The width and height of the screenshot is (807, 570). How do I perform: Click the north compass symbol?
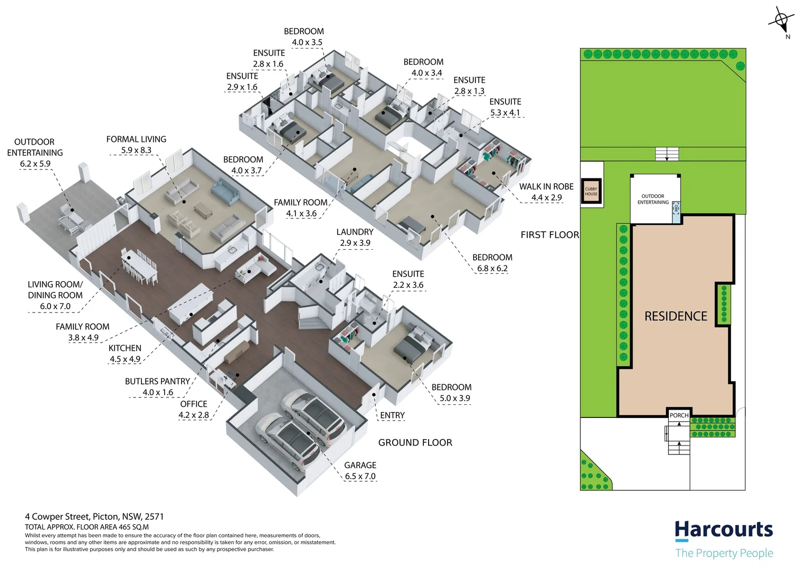[781, 22]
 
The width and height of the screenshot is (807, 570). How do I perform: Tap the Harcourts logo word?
[724, 529]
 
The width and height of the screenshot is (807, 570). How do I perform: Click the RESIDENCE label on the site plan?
[676, 316]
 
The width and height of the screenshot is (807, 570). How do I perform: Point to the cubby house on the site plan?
[591, 191]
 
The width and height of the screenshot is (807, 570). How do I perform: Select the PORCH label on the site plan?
[679, 415]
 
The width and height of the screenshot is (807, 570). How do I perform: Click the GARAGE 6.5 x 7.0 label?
[360, 471]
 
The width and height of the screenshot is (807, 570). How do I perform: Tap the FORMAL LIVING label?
[136, 139]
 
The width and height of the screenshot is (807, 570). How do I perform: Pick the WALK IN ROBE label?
[546, 187]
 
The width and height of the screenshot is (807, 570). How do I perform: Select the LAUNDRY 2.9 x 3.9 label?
[355, 237]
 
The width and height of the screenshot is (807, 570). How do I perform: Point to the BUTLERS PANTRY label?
[157, 382]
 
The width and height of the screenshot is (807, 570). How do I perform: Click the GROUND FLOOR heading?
[415, 443]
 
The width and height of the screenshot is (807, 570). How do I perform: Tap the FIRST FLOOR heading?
[549, 235]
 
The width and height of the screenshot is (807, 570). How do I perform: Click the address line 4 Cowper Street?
[94, 517]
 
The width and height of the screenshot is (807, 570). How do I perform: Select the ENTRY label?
[392, 415]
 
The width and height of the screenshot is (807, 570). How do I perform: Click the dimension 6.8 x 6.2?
[492, 268]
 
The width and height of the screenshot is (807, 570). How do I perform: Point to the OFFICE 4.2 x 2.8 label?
[194, 410]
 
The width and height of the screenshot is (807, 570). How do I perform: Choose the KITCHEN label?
[125, 348]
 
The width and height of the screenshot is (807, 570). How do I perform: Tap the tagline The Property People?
[724, 553]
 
